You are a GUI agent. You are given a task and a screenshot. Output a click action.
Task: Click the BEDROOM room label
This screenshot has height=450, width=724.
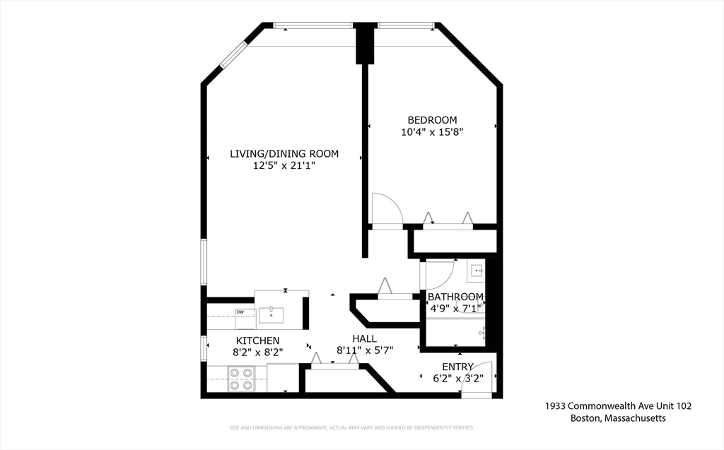[x=432, y=120]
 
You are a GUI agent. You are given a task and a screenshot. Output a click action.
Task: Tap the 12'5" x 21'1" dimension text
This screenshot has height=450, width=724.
[x=284, y=165]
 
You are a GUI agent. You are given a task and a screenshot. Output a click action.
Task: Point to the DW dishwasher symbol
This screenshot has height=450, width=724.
[x=240, y=312]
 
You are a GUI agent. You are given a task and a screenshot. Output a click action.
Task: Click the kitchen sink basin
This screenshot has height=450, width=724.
[x=271, y=314]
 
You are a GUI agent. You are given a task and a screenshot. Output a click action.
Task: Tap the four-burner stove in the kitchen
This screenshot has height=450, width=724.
[x=241, y=379]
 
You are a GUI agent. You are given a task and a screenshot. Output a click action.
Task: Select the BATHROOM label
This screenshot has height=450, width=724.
[x=455, y=297]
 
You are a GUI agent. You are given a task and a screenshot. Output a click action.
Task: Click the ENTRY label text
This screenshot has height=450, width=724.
[x=457, y=367]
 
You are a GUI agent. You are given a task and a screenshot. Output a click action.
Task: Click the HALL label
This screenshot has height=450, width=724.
[x=364, y=339]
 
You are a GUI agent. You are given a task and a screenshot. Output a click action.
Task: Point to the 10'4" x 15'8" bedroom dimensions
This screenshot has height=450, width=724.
[x=432, y=131]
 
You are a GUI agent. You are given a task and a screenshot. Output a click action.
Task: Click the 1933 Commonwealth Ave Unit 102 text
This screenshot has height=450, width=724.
[x=618, y=406]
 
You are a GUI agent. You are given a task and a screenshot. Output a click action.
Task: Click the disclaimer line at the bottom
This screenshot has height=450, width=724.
[x=351, y=428]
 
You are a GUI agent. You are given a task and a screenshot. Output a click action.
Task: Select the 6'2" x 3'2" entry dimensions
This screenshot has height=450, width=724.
[x=457, y=379]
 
